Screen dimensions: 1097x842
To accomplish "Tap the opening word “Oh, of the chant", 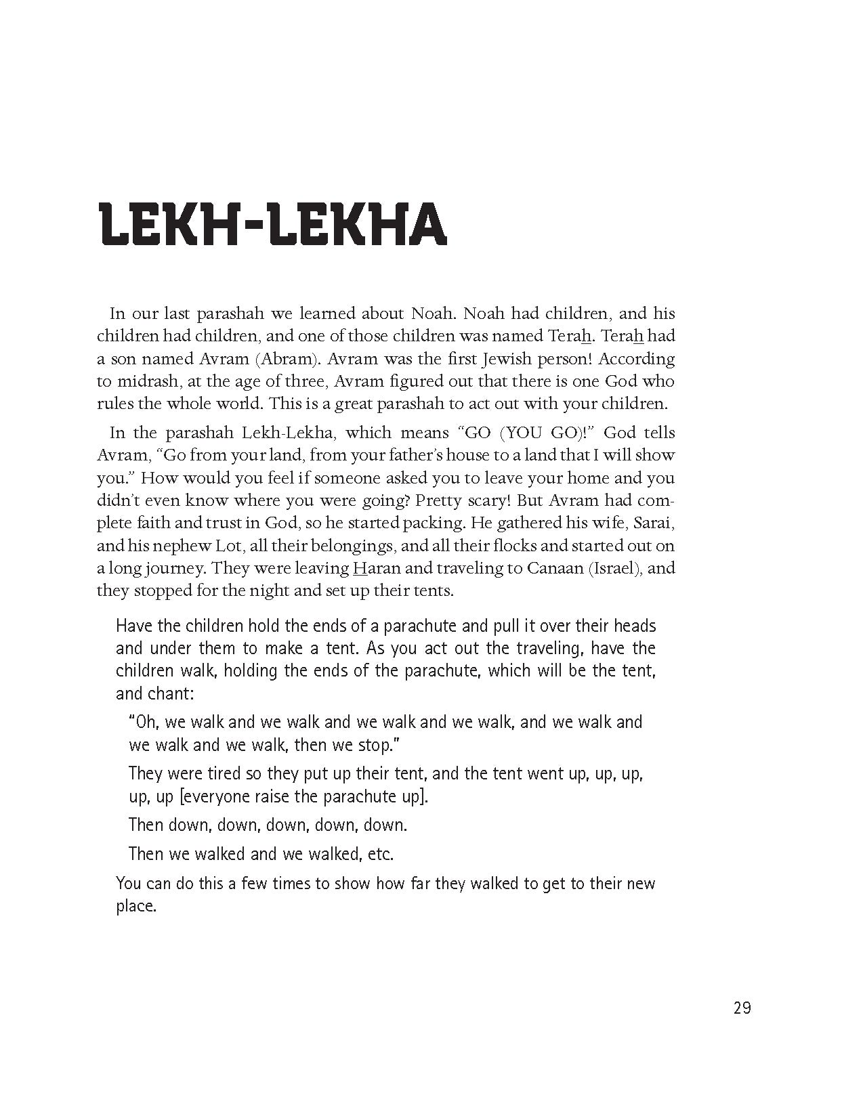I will coord(143,722).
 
